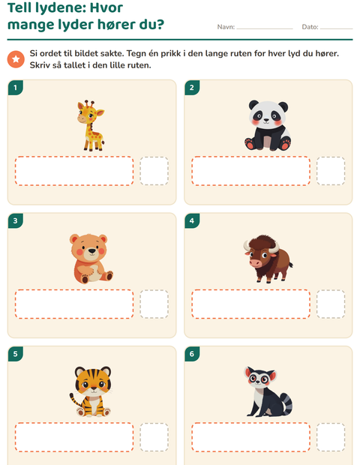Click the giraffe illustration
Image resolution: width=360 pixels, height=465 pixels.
[91, 125]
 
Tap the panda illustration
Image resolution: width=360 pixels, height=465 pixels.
[268, 125]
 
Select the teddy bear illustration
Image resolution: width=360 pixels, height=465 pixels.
[91, 259]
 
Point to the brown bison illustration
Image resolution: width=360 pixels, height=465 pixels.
[268, 259]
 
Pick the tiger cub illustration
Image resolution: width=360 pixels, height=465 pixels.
[91, 391]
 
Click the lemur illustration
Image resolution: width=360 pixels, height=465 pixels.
[268, 391]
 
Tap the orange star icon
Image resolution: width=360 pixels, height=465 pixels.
[16, 59]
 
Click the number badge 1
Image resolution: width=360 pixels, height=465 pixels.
[16, 88]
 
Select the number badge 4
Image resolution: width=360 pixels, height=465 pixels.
[192, 220]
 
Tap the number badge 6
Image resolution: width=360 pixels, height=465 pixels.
[192, 354]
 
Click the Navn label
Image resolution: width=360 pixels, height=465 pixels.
[226, 27]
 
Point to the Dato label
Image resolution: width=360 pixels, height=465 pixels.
[310, 27]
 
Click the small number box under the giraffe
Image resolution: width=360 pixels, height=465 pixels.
[154, 171]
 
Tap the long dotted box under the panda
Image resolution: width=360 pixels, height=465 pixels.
[250, 171]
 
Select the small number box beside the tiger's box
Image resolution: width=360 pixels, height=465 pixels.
[154, 437]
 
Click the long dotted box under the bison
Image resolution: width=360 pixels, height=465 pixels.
[250, 304]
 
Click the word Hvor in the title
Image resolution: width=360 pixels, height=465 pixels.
[106, 7]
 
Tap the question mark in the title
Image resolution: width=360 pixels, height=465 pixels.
[160, 24]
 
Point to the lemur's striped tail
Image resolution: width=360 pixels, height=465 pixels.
[286, 404]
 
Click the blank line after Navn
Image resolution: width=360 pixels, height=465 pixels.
[265, 28]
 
